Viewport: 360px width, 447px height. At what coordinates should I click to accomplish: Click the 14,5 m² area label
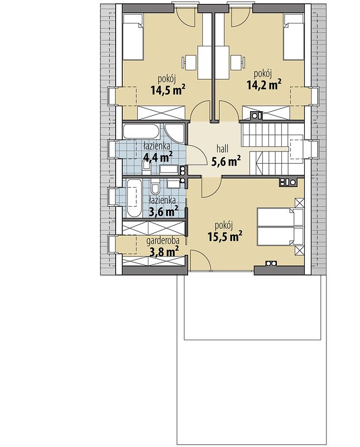click(169, 90)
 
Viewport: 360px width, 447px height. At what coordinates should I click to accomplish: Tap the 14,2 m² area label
click(264, 85)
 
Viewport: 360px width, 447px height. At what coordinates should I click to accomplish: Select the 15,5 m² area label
click(225, 236)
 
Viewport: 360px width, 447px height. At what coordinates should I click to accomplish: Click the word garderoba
click(163, 242)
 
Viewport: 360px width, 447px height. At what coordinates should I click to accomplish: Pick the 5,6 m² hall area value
click(226, 161)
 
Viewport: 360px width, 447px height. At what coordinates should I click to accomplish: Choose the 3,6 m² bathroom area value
click(164, 211)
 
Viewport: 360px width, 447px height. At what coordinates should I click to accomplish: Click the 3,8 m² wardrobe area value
click(164, 251)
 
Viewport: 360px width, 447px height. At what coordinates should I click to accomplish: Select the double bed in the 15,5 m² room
click(280, 227)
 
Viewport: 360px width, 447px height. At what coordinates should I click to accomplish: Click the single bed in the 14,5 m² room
click(133, 37)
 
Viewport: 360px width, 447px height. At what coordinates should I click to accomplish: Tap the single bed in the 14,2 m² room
click(294, 37)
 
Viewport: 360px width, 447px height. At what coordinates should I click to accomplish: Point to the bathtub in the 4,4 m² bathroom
click(141, 131)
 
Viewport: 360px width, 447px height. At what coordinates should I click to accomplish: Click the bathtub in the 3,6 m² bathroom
click(134, 198)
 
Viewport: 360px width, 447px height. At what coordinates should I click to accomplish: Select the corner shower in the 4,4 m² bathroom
click(175, 133)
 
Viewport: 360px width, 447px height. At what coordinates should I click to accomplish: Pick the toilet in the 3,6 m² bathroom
click(155, 187)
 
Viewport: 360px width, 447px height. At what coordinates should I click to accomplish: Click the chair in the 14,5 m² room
click(189, 63)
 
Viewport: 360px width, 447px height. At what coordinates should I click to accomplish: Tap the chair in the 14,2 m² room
click(238, 63)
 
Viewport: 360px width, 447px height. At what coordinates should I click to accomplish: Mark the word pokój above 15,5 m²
click(224, 226)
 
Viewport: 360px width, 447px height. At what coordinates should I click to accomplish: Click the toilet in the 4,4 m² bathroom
click(146, 167)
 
